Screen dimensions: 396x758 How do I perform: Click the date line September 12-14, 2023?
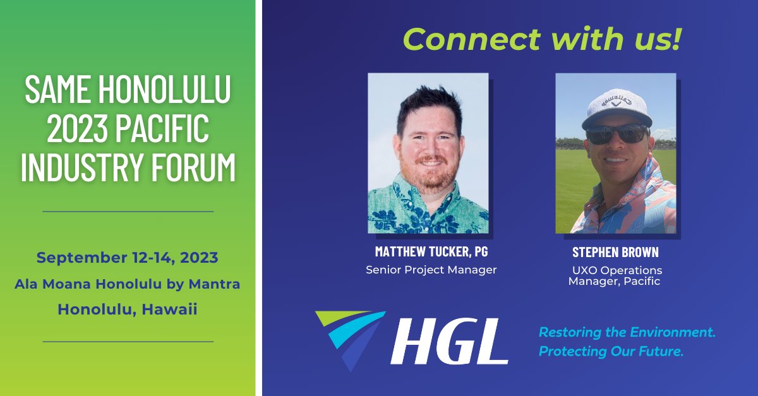(128, 258)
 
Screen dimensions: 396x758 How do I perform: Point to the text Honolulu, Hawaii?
(128, 309)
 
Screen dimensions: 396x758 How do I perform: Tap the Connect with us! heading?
(543, 40)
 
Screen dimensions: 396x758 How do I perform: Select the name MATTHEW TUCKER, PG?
(431, 251)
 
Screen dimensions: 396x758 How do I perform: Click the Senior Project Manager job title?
(431, 270)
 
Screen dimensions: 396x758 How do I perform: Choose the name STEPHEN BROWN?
(615, 252)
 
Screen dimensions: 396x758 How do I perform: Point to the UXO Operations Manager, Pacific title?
(615, 276)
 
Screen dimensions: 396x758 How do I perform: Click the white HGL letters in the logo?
(449, 341)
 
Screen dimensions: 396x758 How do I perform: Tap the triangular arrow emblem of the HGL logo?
(349, 335)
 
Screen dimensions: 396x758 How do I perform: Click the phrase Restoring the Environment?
(627, 332)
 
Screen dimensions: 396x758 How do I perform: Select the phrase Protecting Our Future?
(611, 351)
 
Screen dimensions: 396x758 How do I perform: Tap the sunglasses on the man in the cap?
(616, 134)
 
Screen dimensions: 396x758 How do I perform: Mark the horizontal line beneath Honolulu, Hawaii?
(128, 341)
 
